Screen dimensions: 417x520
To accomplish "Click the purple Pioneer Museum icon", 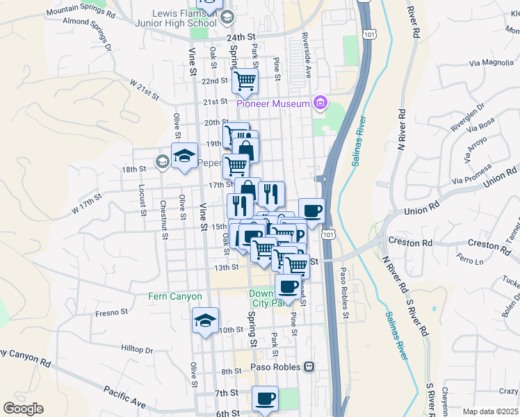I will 320,104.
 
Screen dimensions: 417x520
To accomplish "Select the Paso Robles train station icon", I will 309,366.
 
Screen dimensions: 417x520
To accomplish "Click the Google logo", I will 23,409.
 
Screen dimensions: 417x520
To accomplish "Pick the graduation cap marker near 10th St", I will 205,321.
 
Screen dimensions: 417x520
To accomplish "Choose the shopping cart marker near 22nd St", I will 245,81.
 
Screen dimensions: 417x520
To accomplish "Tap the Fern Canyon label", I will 174,296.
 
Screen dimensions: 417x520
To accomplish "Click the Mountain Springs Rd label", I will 77,10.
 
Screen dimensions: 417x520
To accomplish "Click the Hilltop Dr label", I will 136,350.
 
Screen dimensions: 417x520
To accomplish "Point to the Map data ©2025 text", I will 491,411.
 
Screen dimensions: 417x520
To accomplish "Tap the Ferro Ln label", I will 471,261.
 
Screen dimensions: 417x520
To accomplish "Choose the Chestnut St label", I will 163,219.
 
